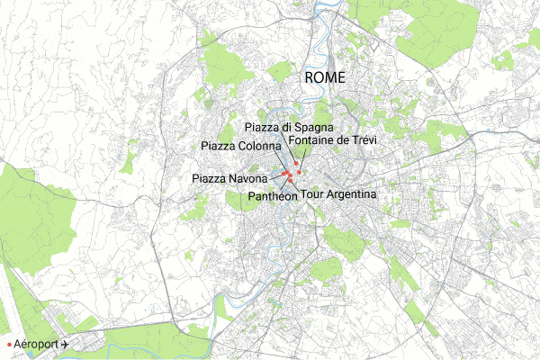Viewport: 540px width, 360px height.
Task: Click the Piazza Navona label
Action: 229,179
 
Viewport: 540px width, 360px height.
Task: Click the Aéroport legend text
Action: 37,345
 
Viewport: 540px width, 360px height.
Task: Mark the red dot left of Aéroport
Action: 9,346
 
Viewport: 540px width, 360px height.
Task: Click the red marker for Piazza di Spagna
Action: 295,163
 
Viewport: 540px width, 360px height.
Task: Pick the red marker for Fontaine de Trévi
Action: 299,171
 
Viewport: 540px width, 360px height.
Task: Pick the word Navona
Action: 248,179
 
